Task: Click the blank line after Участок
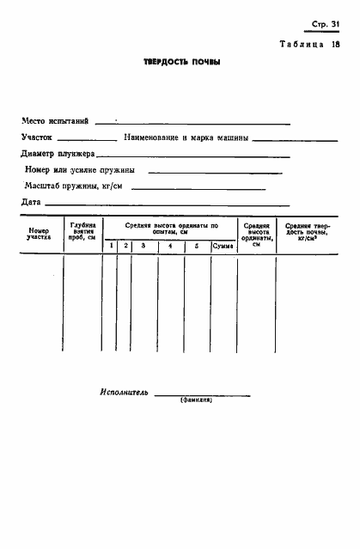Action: pos(86,139)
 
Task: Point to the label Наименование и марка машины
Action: pos(186,137)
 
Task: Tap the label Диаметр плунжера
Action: pos(58,155)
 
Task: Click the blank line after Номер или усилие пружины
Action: pos(215,172)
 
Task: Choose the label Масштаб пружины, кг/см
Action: pos(73,186)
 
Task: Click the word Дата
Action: pos(31,202)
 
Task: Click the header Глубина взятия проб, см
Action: pos(82,233)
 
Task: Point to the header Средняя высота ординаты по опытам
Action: pos(170,229)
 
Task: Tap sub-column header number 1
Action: pos(110,247)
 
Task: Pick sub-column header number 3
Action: pos(143,247)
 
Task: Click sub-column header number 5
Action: pos(197,247)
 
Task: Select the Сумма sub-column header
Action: pos(223,247)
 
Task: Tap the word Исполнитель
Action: pos(124,392)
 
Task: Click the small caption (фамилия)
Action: pos(196,401)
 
